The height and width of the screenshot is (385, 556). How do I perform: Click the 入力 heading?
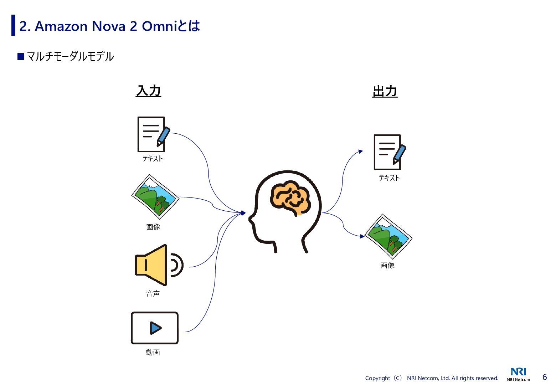click(149, 91)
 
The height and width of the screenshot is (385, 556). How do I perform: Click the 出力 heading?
click(385, 91)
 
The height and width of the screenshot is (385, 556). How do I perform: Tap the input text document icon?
click(152, 134)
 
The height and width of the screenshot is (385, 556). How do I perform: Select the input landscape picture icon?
click(155, 197)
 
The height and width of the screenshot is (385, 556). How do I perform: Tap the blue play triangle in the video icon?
click(155, 328)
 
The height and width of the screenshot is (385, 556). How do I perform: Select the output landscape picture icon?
click(388, 236)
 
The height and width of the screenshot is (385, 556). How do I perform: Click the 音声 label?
click(153, 293)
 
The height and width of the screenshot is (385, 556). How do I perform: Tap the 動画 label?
click(153, 352)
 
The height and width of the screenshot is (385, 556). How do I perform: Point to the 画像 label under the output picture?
click(387, 265)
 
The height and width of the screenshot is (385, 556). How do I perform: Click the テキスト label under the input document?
click(153, 159)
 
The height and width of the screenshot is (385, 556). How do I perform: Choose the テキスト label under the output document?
click(389, 178)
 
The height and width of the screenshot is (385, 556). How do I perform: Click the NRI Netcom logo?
click(518, 374)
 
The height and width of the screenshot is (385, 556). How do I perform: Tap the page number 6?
click(545, 377)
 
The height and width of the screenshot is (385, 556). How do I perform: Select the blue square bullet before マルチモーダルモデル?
click(21, 56)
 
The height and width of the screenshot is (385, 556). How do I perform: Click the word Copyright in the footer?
click(377, 378)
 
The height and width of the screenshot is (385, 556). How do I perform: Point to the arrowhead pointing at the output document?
click(361, 152)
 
